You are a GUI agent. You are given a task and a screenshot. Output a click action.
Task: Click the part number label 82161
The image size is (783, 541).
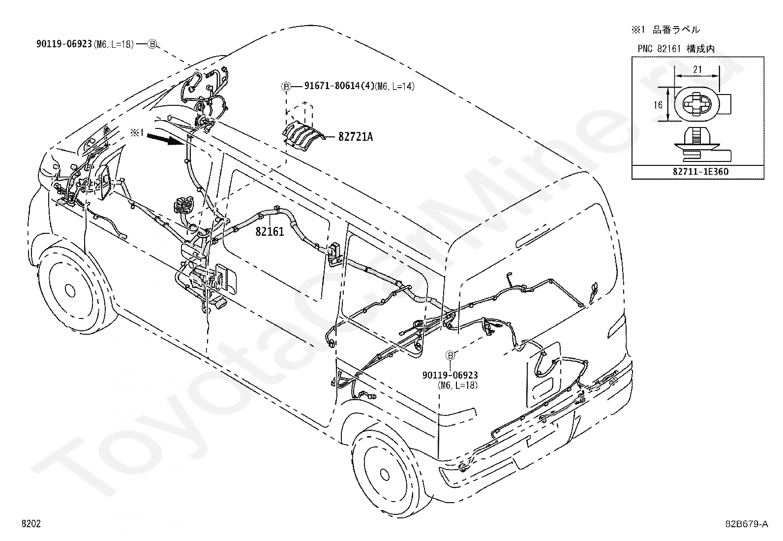tap(270, 231)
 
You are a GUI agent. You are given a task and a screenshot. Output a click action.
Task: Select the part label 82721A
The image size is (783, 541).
tap(355, 137)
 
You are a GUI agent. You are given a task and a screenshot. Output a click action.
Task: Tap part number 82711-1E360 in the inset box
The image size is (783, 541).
tap(698, 172)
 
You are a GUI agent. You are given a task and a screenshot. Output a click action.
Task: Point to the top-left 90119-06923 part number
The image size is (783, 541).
tap(64, 44)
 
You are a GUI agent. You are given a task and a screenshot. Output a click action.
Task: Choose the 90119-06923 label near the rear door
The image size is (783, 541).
tap(450, 376)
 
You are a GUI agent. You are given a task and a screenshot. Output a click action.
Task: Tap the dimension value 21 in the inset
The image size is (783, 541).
tap(697, 69)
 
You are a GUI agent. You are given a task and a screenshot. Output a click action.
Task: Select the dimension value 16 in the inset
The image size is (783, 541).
tap(658, 105)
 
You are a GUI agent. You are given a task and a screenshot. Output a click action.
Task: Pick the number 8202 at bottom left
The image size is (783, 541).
tap(31, 524)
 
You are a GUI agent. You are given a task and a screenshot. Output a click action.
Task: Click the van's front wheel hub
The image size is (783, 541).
tap(69, 290)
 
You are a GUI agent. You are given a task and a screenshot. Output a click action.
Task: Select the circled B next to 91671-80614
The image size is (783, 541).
tap(286, 87)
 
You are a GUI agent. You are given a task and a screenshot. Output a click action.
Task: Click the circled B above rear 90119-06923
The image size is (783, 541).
tap(450, 356)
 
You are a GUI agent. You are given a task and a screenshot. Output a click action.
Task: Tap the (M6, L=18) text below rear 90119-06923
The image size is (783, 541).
tap(457, 385)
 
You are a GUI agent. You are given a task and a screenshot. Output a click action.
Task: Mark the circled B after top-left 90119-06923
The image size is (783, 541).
tap(152, 44)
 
